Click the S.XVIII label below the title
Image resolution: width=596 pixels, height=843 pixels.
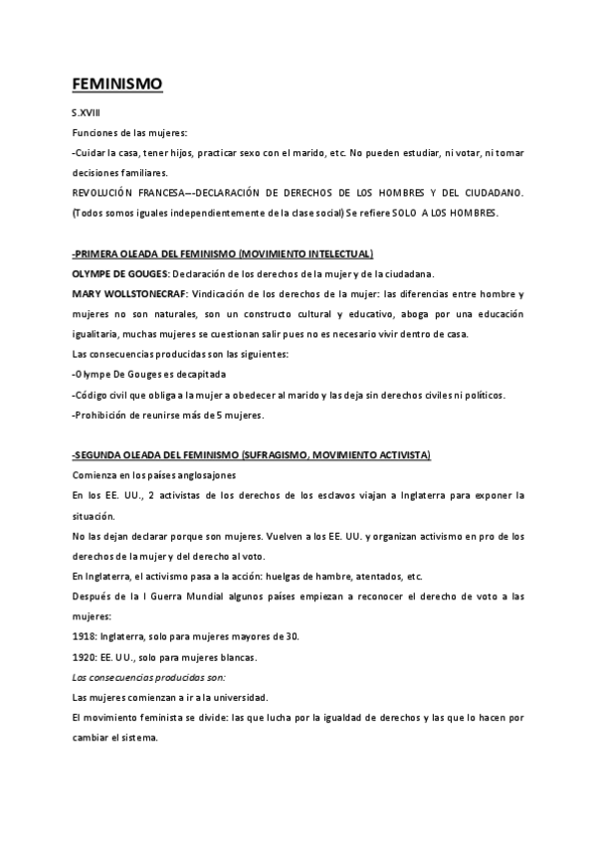click(x=87, y=114)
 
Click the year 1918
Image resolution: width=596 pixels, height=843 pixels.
click(x=85, y=636)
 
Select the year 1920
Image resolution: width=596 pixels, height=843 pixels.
click(x=85, y=656)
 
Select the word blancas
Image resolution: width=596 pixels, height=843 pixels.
click(x=233, y=656)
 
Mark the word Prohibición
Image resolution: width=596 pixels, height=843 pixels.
click(x=105, y=415)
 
